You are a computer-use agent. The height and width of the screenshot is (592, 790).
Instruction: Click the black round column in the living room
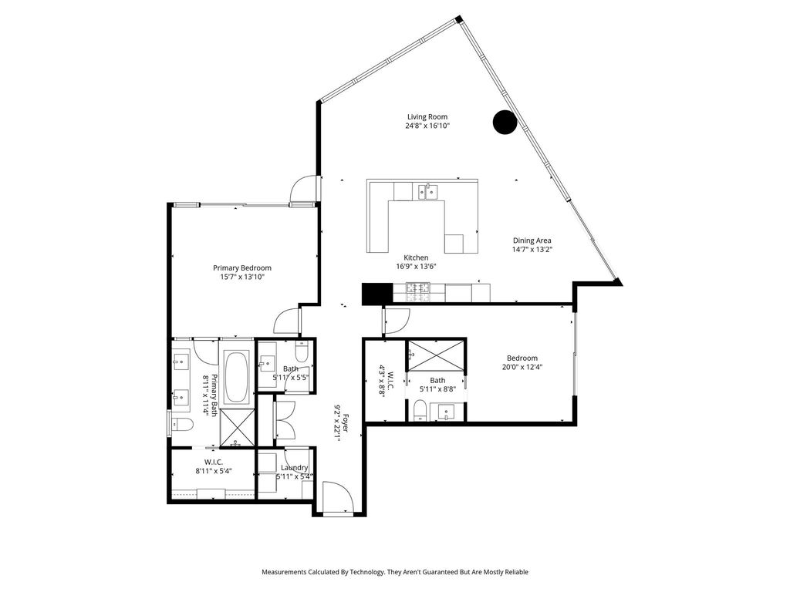(505, 122)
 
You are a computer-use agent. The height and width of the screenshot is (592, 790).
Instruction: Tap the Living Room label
(427, 117)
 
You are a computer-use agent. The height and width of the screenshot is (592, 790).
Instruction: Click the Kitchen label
(416, 257)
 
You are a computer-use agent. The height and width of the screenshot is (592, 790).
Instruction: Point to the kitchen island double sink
(427, 191)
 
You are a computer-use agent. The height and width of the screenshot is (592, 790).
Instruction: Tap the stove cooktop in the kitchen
(418, 292)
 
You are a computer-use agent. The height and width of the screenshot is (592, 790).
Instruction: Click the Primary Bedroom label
(241, 267)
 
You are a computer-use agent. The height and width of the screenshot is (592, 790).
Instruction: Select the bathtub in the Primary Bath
(236, 376)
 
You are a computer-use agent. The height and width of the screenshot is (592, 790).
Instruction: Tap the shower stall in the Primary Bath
(238, 427)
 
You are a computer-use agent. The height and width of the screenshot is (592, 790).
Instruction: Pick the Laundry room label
(294, 468)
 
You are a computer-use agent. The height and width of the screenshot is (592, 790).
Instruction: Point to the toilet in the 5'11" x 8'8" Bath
(420, 410)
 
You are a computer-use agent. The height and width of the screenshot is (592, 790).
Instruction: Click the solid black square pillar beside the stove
(377, 294)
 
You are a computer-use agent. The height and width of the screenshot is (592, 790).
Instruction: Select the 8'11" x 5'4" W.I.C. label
(214, 466)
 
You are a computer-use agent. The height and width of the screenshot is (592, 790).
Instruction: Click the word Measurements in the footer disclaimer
(284, 572)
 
